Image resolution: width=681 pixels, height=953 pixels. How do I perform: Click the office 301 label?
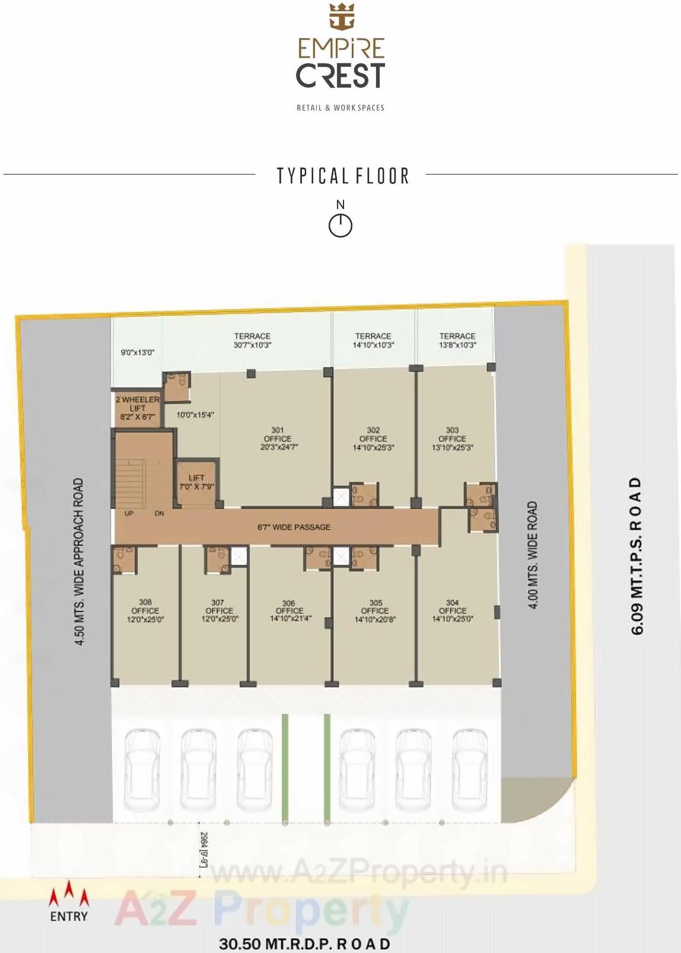click(278, 438)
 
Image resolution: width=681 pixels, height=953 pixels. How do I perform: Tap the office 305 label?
click(375, 610)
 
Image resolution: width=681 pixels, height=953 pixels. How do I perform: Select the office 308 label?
click(145, 610)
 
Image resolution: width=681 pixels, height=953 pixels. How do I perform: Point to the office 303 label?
click(452, 438)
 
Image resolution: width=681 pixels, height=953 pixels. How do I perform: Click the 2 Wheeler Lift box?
click(137, 408)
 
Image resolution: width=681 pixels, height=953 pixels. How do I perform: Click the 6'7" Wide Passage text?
click(294, 527)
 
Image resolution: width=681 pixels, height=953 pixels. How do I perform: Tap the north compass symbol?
click(340, 224)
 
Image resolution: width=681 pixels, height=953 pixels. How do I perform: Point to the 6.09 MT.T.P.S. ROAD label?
click(637, 555)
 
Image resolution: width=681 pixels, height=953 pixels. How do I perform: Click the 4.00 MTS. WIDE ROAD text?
click(532, 555)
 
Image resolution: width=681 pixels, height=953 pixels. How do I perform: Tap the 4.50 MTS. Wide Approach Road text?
click(79, 561)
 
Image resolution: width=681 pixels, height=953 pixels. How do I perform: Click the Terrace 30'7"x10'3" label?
click(252, 340)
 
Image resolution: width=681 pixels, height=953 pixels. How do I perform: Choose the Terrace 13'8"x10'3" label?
click(457, 340)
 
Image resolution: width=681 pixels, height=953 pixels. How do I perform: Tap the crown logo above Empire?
click(341, 16)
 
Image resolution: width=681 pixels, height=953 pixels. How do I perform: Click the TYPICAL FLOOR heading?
click(343, 176)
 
